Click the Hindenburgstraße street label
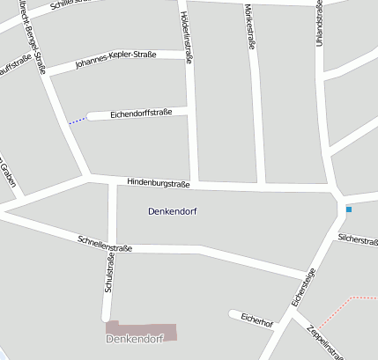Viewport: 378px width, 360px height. click(x=159, y=184)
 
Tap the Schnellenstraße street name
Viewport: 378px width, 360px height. click(x=104, y=243)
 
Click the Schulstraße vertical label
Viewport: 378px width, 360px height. click(x=109, y=273)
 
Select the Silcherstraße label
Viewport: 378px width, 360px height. click(x=358, y=239)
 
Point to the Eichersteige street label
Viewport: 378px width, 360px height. click(x=303, y=288)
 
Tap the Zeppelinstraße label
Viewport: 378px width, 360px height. click(x=324, y=342)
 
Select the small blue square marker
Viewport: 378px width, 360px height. click(x=349, y=209)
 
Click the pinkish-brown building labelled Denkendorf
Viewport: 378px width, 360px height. click(x=141, y=332)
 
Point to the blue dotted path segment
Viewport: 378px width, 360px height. click(x=78, y=121)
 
